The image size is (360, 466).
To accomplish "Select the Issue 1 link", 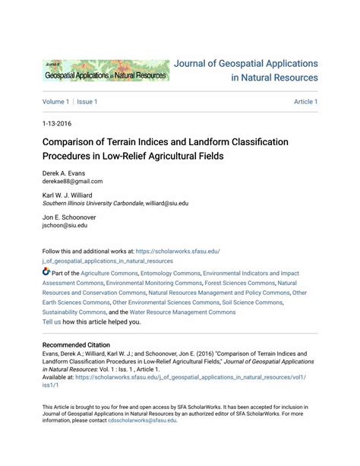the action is pos(87,102).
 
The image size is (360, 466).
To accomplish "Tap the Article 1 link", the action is pos(305,102).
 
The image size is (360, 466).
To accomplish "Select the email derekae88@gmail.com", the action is pos(72,182).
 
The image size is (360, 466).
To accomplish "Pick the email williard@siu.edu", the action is pos(167,204).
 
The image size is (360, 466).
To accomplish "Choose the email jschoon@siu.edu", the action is pos(65,226).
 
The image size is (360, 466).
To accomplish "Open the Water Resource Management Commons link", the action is pos(183,312).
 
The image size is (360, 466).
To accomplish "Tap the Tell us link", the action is pos(52,322).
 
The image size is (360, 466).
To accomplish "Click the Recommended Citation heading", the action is pos(80,345).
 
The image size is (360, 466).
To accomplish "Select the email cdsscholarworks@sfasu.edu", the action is pos(142,420).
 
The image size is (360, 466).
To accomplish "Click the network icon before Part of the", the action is pos(46,271).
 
